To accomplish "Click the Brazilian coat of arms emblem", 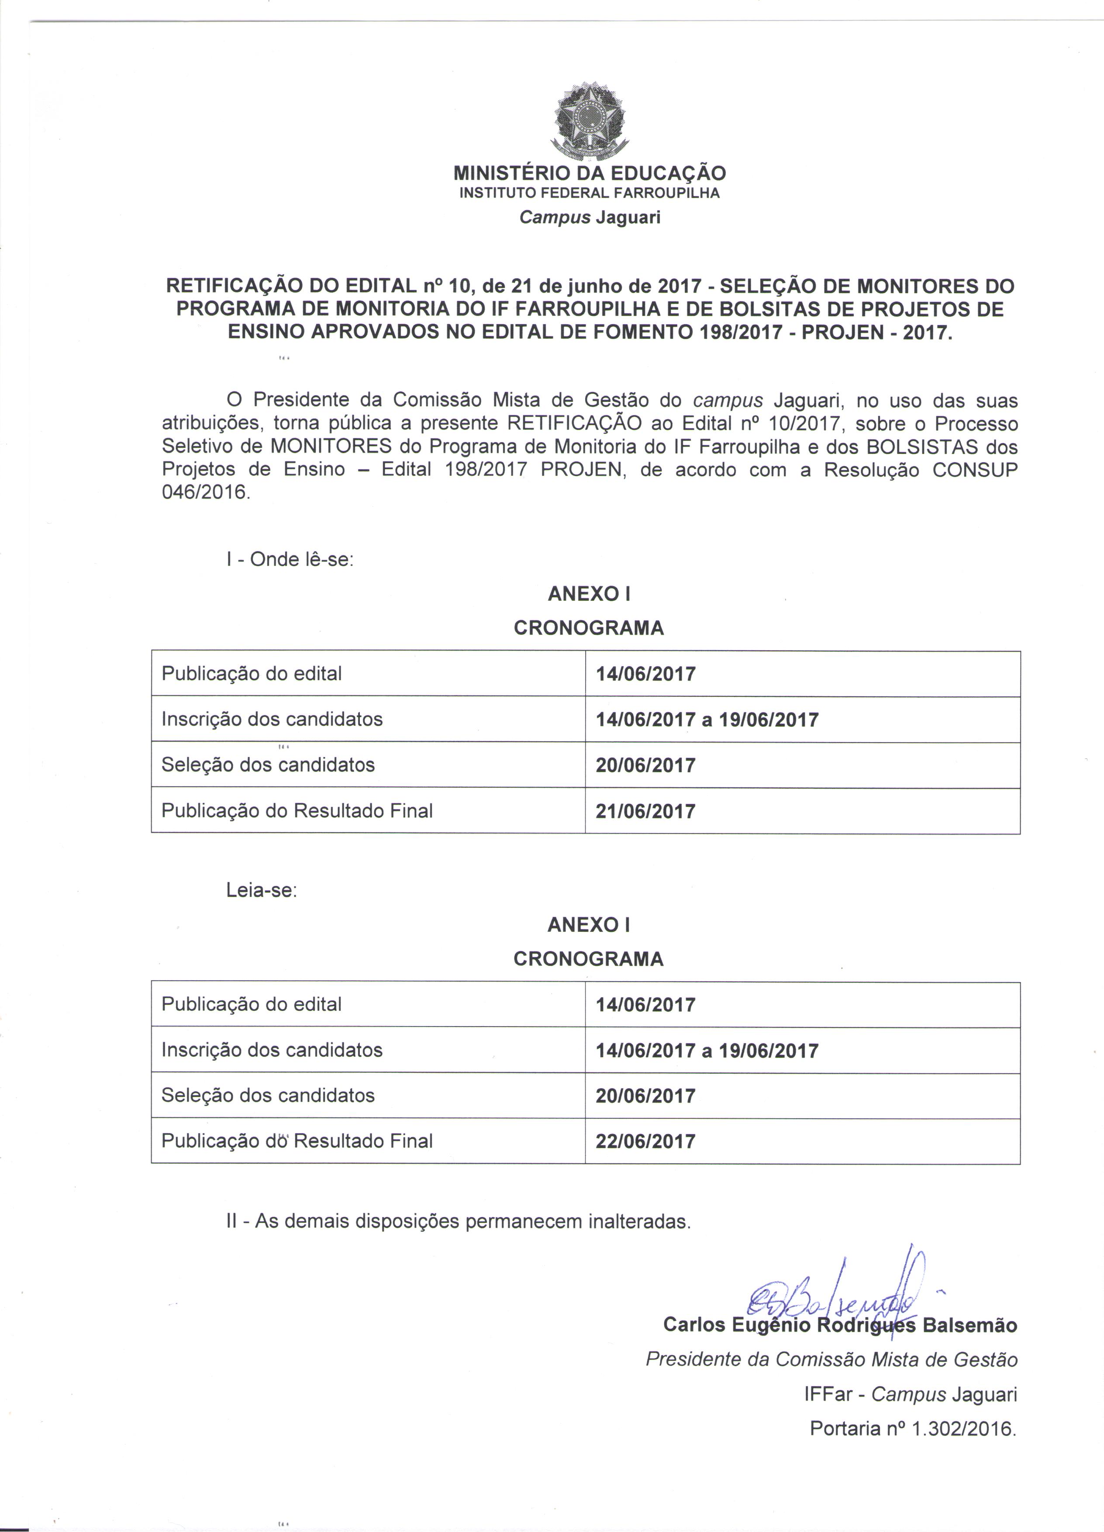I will click(x=590, y=120).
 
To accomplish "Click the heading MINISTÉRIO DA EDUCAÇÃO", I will click(x=590, y=173).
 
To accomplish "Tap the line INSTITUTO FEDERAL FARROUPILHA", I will click(x=590, y=193).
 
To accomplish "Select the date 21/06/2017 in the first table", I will click(x=645, y=811).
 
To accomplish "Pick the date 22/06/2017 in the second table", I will click(x=645, y=1141).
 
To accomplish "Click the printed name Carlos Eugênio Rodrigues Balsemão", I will click(x=840, y=1325).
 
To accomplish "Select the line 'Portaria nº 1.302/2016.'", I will click(x=913, y=1428).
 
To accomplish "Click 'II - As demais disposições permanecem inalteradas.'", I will click(x=459, y=1221).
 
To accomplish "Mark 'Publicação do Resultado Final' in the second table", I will click(x=297, y=1141).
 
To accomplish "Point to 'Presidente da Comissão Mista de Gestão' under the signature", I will click(x=831, y=1359).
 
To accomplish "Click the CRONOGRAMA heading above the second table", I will click(x=589, y=959).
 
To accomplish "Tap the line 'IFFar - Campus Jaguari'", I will click(x=910, y=1394).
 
